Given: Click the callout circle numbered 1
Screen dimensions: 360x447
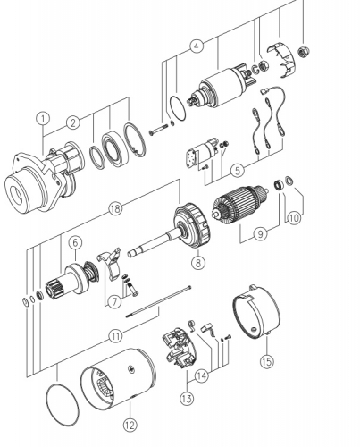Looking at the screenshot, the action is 43,119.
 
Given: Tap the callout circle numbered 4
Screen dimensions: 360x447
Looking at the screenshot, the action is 197,46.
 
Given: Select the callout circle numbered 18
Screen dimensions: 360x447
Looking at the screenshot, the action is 115,208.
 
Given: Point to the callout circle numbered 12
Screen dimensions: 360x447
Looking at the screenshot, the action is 130,425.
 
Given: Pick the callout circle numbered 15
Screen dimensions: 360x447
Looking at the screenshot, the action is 267,361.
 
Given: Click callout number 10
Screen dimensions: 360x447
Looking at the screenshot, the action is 294,218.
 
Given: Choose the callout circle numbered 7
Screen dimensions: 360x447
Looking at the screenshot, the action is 115,302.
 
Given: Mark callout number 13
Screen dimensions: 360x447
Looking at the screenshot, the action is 187,398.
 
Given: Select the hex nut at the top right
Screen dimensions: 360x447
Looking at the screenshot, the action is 304,52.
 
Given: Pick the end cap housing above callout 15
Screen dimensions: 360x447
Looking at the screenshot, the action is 256,312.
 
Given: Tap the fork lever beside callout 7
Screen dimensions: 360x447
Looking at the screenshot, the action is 110,262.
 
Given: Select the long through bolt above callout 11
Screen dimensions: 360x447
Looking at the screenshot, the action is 158,301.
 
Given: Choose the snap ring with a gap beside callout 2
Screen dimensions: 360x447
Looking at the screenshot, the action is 135,139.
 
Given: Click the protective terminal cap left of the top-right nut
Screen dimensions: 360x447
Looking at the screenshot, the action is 281,61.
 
